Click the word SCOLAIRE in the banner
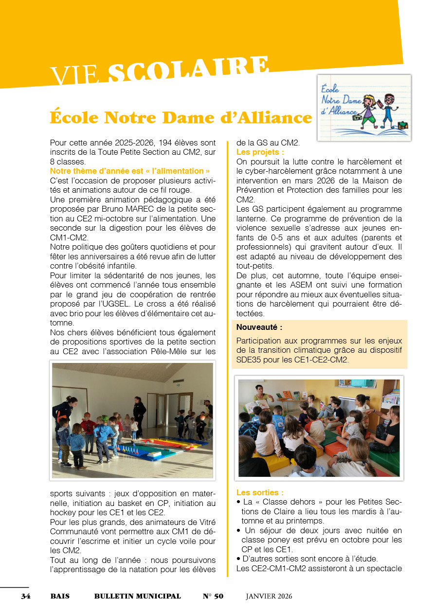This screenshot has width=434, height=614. tap(188, 69)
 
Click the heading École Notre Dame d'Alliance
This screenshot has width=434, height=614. tap(181, 117)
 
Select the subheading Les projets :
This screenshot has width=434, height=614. tap(260, 152)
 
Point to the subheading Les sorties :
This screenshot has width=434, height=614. tap(260, 492)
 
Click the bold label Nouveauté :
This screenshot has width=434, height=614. tap(259, 327)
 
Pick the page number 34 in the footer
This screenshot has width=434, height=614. tap(25, 596)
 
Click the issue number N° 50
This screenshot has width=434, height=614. tap(213, 596)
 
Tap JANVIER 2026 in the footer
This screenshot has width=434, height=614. tap(269, 596)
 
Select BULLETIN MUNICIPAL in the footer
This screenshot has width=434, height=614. tap(137, 596)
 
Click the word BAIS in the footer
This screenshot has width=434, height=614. tap(60, 596)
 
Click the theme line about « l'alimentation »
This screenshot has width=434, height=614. tap(130, 171)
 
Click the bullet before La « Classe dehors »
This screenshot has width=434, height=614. tap(238, 502)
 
